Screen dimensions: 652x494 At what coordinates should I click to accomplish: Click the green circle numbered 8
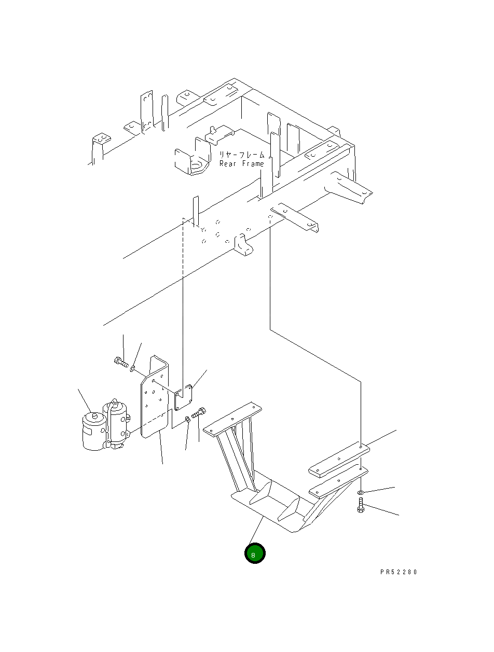(255, 554)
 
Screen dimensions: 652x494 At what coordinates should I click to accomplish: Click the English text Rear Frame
(241, 163)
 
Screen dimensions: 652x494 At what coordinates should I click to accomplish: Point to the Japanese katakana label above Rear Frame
(241, 155)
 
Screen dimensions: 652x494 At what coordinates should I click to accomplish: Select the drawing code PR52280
(399, 572)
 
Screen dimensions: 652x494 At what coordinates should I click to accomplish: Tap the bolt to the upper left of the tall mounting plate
(120, 362)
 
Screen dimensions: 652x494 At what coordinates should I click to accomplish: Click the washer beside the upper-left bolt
(133, 368)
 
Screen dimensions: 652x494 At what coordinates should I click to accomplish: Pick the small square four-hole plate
(184, 397)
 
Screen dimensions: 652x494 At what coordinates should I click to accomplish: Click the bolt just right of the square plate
(199, 413)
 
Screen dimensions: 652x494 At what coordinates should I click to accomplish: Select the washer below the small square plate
(187, 419)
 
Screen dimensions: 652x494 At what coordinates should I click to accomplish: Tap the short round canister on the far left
(93, 430)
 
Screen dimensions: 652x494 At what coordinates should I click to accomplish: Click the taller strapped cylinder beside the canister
(116, 423)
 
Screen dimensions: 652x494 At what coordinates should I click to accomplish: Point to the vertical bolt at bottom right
(361, 505)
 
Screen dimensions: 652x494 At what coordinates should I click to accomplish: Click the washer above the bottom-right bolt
(361, 491)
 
